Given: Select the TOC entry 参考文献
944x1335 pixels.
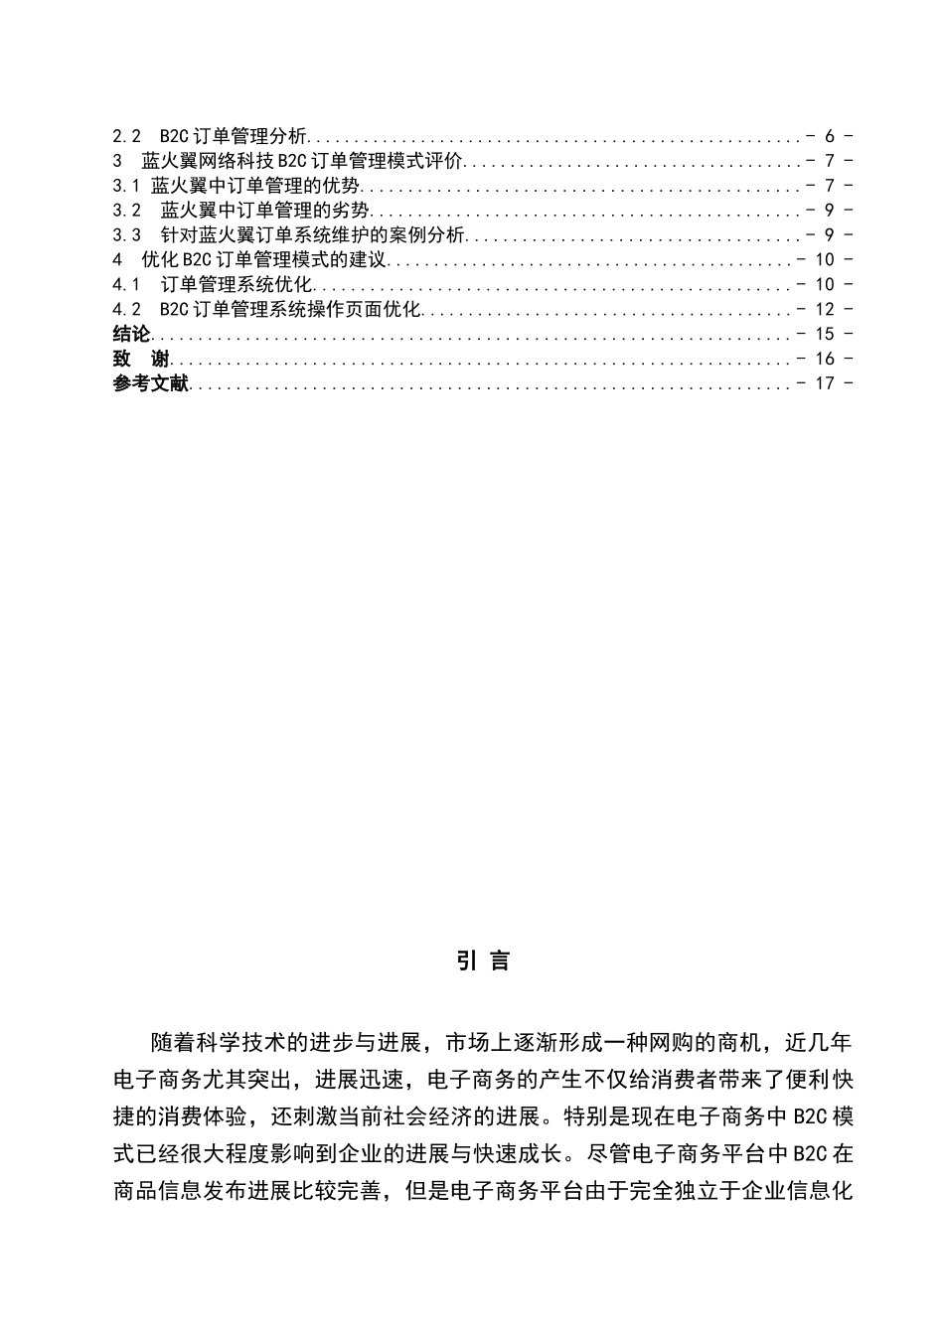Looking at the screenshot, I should click(x=150, y=384).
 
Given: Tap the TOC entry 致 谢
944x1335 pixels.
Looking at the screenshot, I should click(x=140, y=360).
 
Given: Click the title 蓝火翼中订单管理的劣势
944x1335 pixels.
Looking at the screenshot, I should click(x=265, y=211).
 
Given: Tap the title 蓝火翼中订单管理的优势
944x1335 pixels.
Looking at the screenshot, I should click(x=255, y=186).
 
